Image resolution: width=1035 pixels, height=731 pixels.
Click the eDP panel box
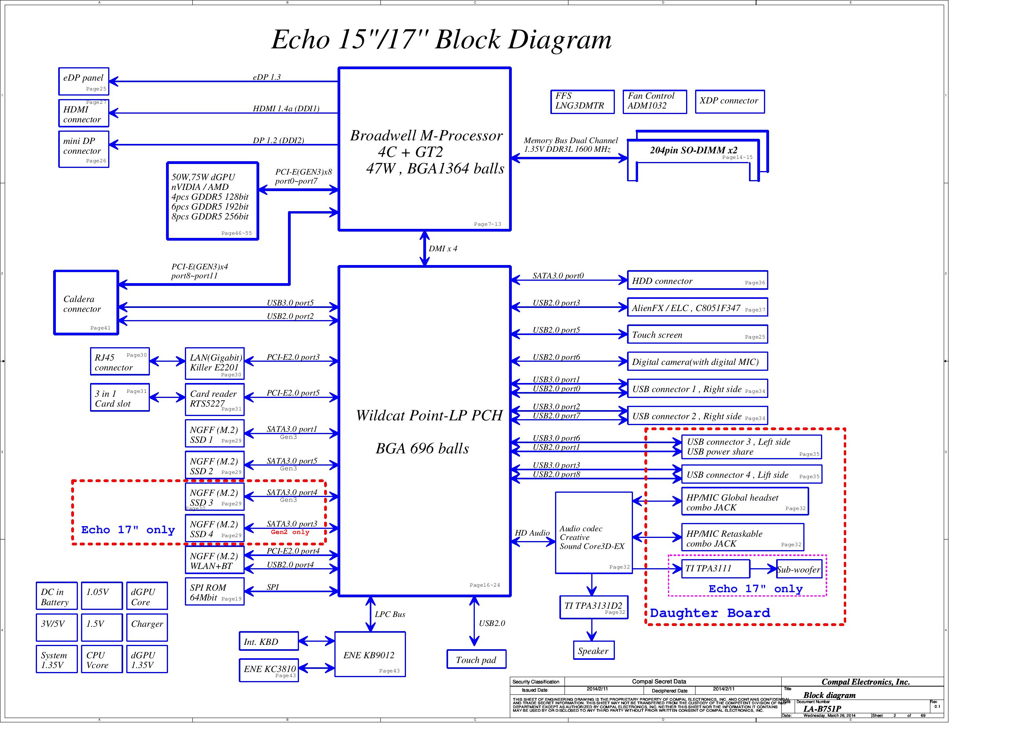(83, 81)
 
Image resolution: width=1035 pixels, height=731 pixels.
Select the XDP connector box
(729, 101)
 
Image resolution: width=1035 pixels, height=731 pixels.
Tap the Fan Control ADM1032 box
(654, 101)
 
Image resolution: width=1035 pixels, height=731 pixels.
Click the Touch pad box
(476, 659)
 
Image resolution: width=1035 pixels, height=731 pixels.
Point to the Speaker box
(593, 650)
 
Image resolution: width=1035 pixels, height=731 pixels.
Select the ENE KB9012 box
(370, 654)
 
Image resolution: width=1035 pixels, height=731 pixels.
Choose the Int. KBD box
(269, 641)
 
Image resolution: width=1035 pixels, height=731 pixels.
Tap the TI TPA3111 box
(716, 569)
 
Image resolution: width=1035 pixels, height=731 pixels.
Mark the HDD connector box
(697, 280)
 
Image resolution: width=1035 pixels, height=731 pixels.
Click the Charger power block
(147, 627)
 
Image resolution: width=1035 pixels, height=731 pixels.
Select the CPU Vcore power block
(101, 659)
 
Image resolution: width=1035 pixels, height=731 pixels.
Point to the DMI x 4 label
(443, 249)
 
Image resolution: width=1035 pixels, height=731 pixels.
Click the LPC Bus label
(390, 614)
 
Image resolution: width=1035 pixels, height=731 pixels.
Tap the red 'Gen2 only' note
(290, 532)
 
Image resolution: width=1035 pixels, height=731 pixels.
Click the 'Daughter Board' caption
(710, 613)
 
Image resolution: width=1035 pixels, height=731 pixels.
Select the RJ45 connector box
(120, 361)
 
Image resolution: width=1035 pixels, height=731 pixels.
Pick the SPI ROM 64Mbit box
(214, 592)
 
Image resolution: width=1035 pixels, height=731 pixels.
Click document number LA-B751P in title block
(822, 709)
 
